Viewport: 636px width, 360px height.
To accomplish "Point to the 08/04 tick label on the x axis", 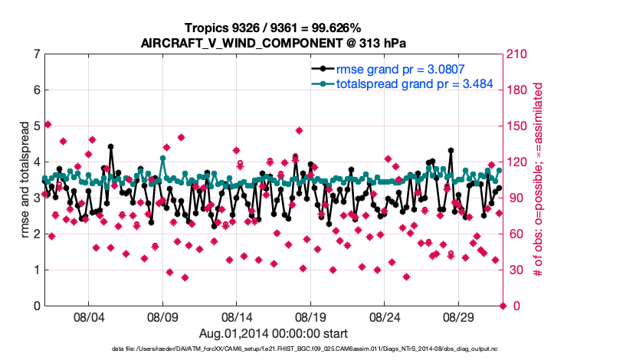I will [88, 316].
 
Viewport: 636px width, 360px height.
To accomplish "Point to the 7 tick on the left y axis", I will [37, 54].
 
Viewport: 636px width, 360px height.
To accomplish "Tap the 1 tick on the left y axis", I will [37, 270].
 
